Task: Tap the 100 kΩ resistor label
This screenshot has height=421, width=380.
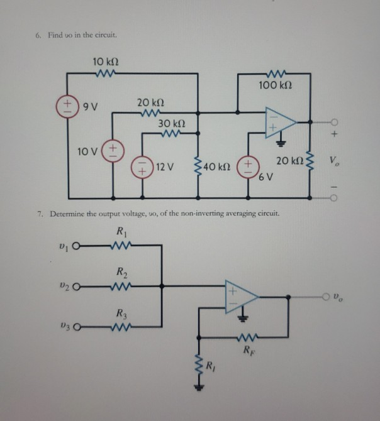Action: [x=277, y=84]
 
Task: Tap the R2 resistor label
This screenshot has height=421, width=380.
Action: [x=120, y=272]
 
